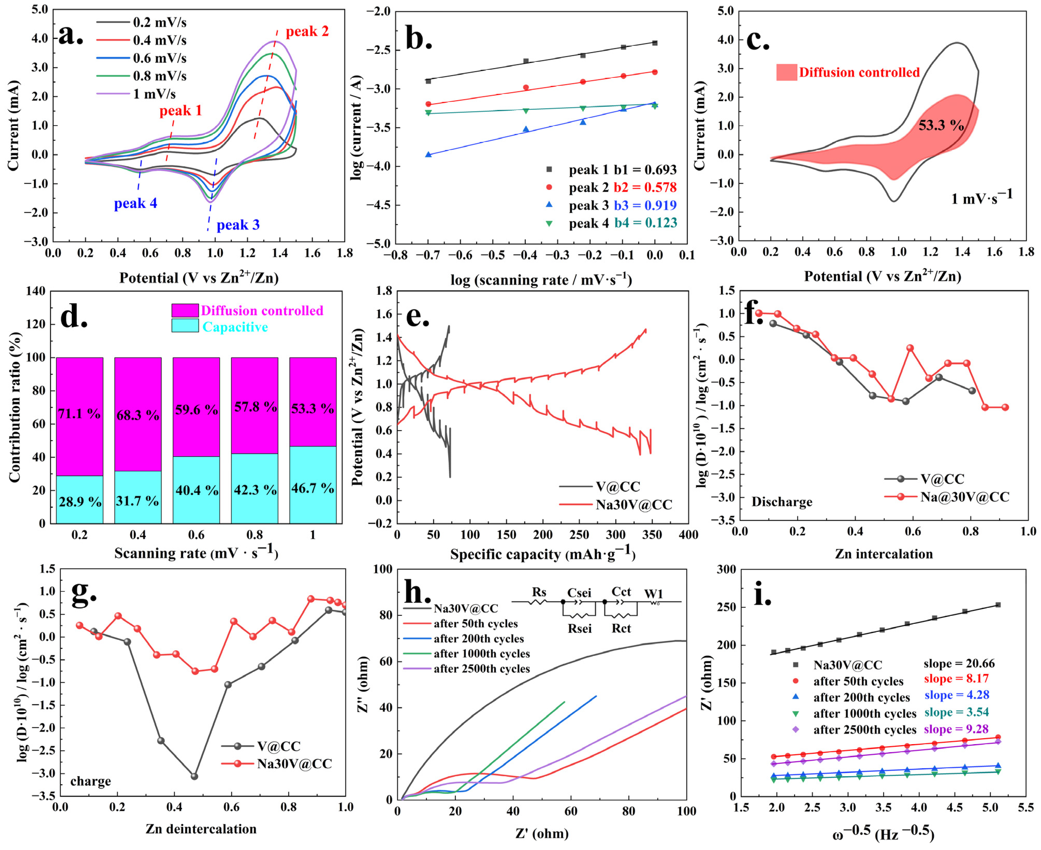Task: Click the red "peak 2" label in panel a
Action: [307, 32]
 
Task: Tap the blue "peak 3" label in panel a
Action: [238, 225]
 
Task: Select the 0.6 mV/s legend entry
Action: [160, 58]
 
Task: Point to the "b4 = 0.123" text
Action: [646, 223]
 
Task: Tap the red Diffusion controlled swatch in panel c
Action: [786, 72]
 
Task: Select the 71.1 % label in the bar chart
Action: [79, 414]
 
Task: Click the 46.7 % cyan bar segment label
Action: [312, 488]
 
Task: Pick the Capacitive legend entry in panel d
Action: [235, 327]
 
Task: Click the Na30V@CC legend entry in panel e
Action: [634, 505]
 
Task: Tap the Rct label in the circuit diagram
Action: [621, 628]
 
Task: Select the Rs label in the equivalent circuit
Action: [539, 592]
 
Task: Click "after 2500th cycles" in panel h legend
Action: [482, 669]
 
